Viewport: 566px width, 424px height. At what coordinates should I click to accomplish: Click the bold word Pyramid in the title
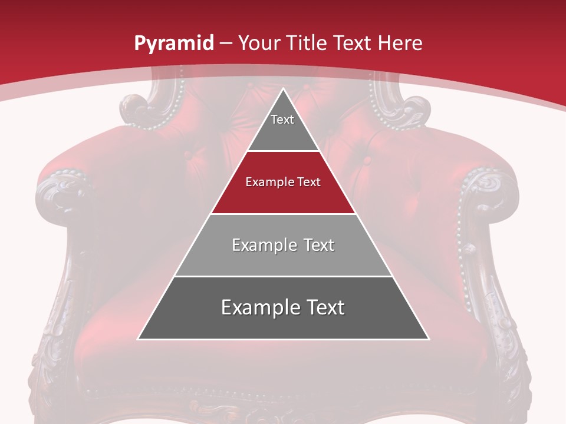pyautogui.click(x=174, y=44)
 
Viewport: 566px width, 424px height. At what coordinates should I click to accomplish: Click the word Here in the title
pyautogui.click(x=400, y=44)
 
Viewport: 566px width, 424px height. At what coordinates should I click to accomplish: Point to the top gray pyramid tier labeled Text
pyautogui.click(x=282, y=127)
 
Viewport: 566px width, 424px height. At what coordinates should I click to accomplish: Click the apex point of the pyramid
pyautogui.click(x=284, y=89)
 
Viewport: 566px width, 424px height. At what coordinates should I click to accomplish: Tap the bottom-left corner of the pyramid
pyautogui.click(x=139, y=339)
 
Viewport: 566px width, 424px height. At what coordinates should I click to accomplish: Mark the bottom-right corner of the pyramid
pyautogui.click(x=428, y=339)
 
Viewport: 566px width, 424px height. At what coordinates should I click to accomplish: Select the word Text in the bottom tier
pyautogui.click(x=321, y=307)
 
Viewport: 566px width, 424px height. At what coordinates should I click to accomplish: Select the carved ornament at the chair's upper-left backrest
pyautogui.click(x=139, y=109)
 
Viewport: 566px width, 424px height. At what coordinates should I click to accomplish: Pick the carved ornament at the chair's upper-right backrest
pyautogui.click(x=413, y=109)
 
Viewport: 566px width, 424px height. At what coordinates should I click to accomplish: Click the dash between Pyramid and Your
pyautogui.click(x=226, y=44)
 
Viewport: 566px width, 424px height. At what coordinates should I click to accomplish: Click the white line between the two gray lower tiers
pyautogui.click(x=283, y=276)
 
